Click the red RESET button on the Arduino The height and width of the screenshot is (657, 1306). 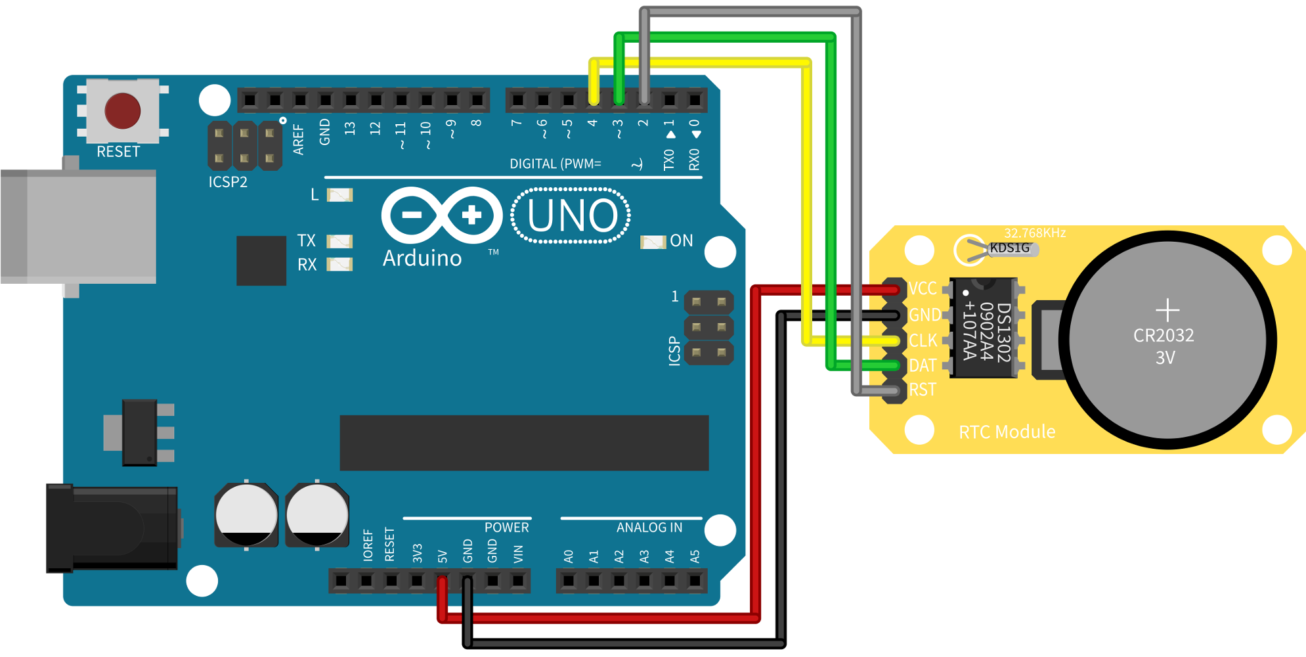coord(123,110)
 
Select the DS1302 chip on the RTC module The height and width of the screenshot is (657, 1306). coord(983,328)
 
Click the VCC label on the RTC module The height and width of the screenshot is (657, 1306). coord(923,288)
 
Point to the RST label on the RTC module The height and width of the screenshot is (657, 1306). coord(923,390)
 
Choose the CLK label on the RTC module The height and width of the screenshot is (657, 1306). coord(923,340)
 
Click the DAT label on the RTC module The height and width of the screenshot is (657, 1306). coord(923,365)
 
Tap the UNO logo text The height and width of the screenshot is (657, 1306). coord(571,215)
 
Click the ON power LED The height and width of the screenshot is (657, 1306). coord(653,242)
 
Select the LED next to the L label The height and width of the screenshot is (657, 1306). coord(339,195)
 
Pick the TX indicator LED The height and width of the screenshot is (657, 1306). coord(339,241)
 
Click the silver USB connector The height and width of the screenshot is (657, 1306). coord(79,227)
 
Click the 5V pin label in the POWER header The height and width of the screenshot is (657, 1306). coord(443,556)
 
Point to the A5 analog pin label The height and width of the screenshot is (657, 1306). coord(695,556)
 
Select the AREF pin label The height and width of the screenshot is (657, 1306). coord(299,139)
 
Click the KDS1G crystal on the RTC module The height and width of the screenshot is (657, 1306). coord(1011,248)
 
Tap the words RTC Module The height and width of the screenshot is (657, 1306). coord(1007,432)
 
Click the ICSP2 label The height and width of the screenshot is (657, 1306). coord(228,182)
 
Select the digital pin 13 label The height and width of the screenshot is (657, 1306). coord(350,127)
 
